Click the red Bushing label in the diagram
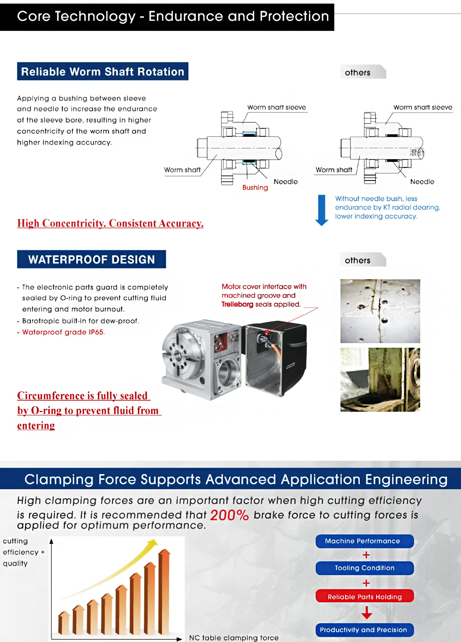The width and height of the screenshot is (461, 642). pos(255,188)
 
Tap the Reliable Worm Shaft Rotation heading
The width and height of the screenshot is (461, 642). pos(103,72)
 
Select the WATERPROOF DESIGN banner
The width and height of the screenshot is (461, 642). pos(91,259)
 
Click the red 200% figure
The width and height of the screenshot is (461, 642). pos(229,515)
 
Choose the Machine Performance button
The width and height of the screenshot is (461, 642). pos(364,541)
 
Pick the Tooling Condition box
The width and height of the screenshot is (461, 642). pos(364,568)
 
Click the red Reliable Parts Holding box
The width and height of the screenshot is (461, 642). pos(364,597)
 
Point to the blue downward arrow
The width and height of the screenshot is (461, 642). pos(322,210)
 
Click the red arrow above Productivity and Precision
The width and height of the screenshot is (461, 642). pos(367,612)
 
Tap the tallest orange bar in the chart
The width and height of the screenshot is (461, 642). pos(164,592)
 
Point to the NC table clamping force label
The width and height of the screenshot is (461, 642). pos(234,638)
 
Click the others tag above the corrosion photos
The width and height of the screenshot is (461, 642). pos(358,260)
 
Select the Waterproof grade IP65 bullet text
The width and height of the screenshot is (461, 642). pos(63,332)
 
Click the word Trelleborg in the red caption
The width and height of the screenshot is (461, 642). pos(237,304)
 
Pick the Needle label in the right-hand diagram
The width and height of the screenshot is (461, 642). pos(422,182)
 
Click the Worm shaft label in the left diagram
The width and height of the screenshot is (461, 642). pos(182,170)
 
